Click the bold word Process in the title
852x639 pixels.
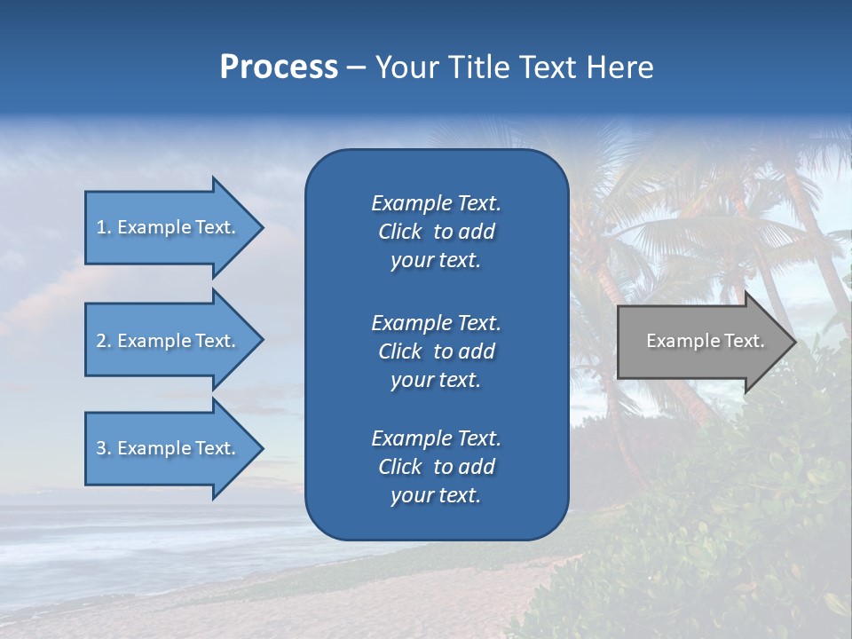[x=279, y=67]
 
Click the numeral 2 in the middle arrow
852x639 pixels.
[x=101, y=341]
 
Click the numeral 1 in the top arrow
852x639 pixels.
[x=101, y=227]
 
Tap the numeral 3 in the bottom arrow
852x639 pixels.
[x=101, y=448]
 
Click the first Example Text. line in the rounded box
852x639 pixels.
[x=436, y=203]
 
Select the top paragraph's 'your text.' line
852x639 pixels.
[x=436, y=261]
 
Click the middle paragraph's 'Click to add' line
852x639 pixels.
[x=436, y=351]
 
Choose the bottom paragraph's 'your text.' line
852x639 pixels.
[x=436, y=496]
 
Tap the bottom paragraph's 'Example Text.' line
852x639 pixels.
[x=436, y=438]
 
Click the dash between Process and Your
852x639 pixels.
[x=356, y=68]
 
